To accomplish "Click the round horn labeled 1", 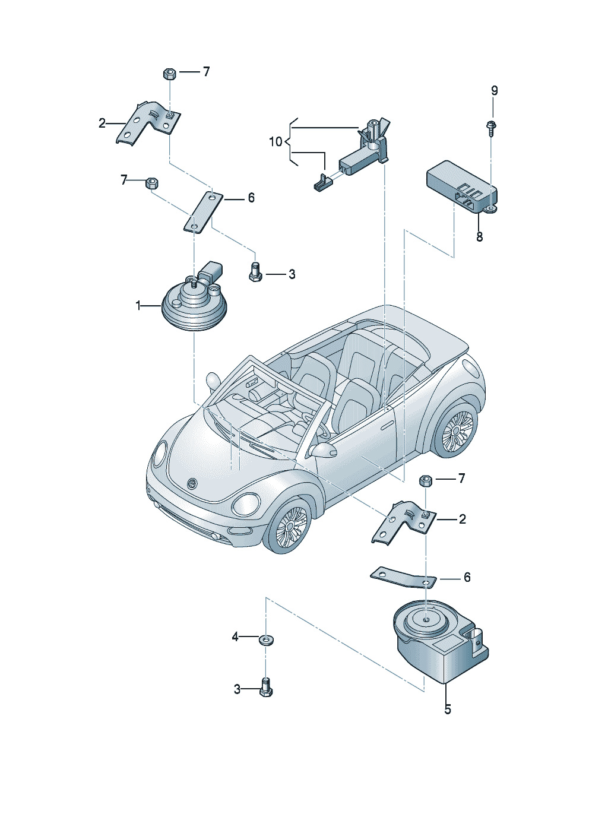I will click(x=194, y=306).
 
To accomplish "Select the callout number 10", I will click(x=275, y=142).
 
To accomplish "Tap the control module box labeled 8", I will click(x=460, y=184).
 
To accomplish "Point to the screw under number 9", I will click(x=492, y=128).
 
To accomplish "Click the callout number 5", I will click(x=447, y=710).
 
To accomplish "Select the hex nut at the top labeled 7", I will click(x=168, y=74).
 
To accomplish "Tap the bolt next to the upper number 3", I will click(x=254, y=273).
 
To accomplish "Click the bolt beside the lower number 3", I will click(x=265, y=688).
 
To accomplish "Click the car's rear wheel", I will click(x=457, y=430).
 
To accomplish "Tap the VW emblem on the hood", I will click(x=192, y=484).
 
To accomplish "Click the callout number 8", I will click(x=479, y=237).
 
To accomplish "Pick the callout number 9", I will click(x=494, y=91).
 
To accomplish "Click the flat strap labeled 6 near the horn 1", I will click(x=203, y=212).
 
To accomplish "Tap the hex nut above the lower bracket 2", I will click(x=426, y=481).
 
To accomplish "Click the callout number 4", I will click(x=235, y=637).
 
